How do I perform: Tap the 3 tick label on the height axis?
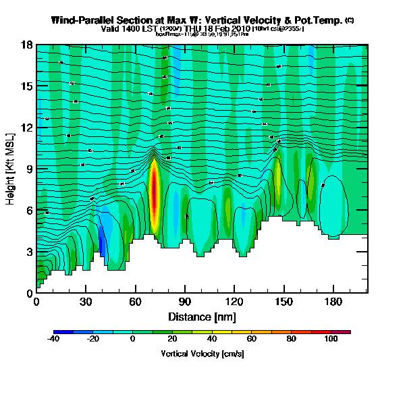29,252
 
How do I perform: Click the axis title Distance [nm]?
202,316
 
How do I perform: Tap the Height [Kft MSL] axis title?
11,169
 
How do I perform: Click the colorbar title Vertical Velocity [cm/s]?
202,354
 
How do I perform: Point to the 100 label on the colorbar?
331,340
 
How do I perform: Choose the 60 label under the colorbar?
251,340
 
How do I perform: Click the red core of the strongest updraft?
154,192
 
